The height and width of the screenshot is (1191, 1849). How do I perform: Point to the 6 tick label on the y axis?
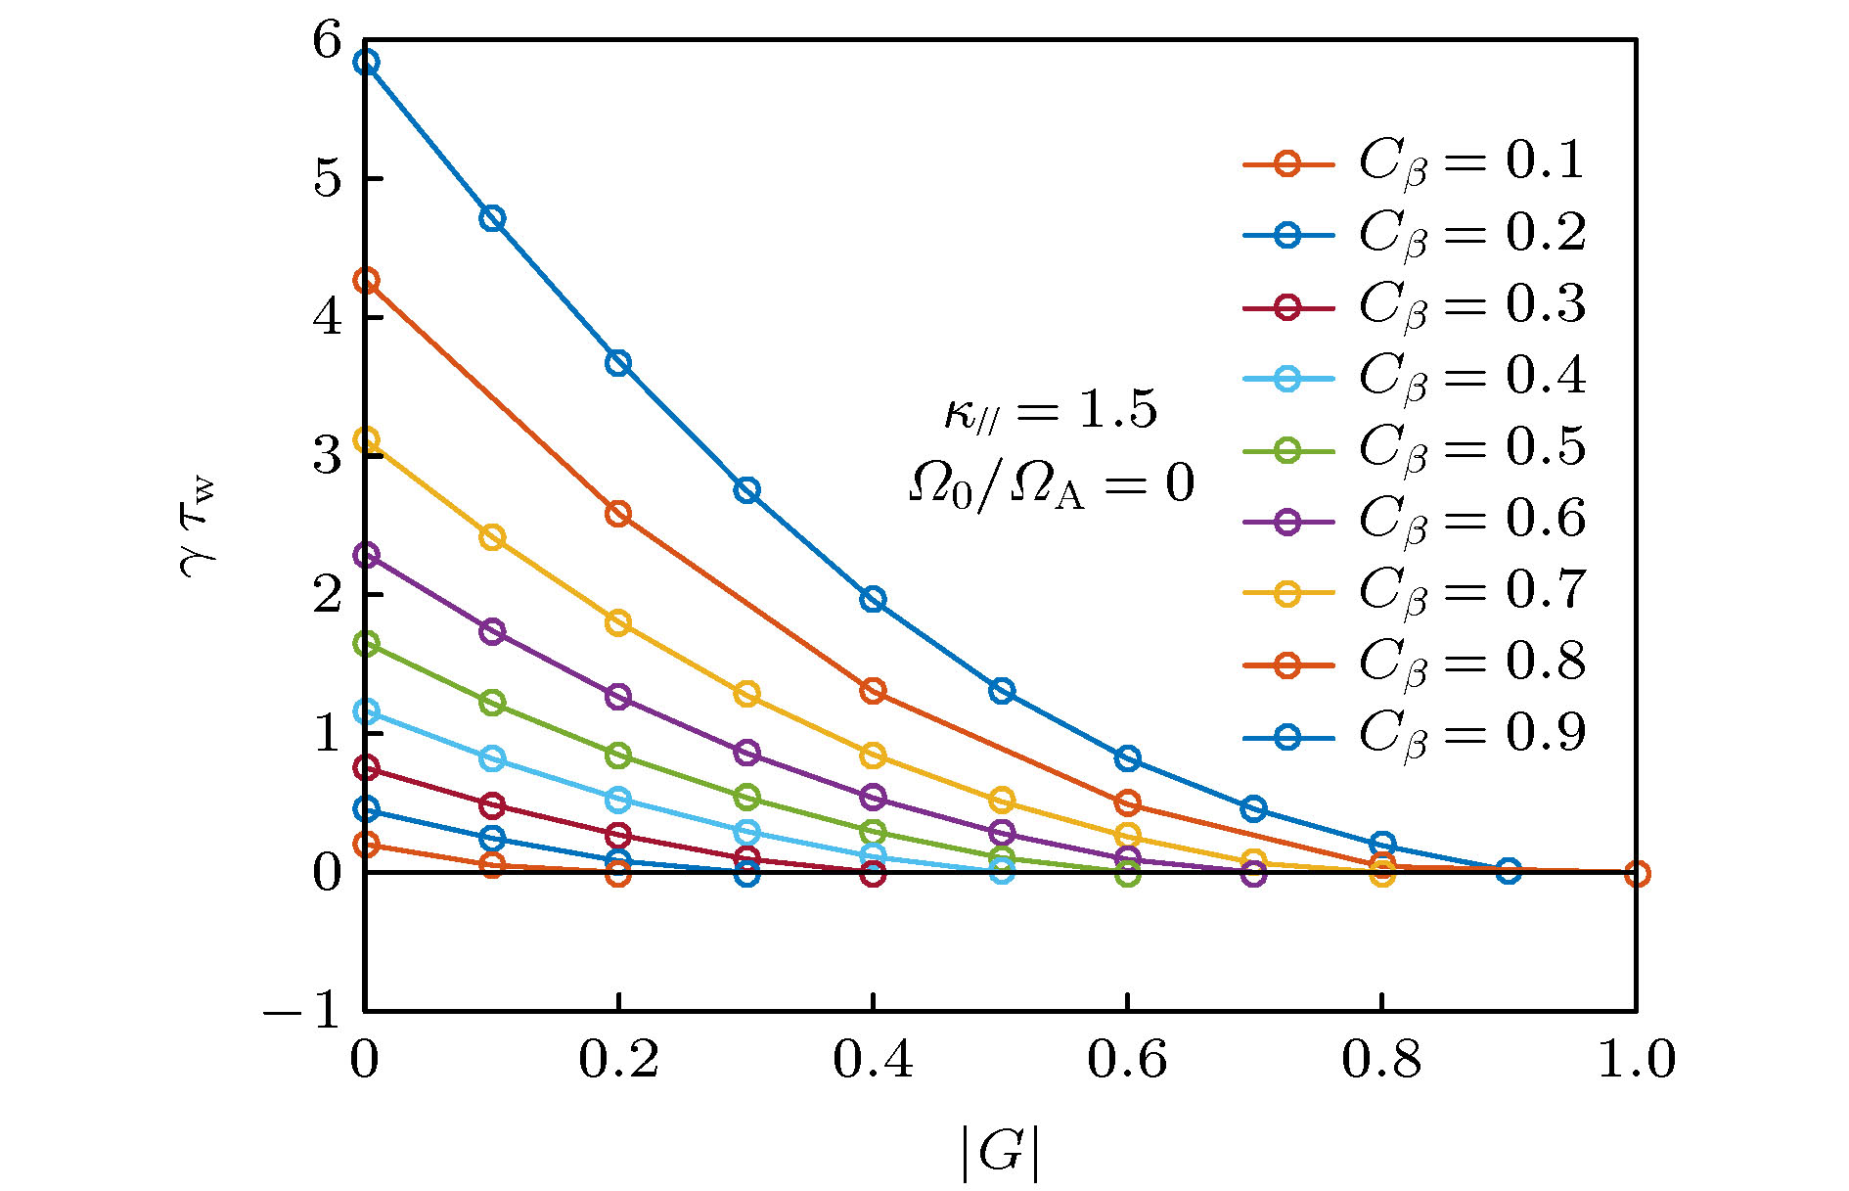click(x=328, y=41)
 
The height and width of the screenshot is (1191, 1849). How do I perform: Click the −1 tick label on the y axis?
click(x=303, y=1010)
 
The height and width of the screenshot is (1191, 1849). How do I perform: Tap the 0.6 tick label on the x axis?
click(x=1127, y=1060)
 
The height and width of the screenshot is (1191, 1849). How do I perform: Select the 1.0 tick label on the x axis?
click(x=1636, y=1060)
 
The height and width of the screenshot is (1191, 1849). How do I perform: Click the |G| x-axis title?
click(x=999, y=1153)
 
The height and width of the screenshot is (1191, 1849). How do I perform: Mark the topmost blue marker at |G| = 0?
click(x=366, y=63)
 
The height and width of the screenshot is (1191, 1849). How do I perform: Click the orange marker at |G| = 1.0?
click(x=1637, y=874)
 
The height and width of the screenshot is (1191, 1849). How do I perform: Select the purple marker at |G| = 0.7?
click(x=1254, y=874)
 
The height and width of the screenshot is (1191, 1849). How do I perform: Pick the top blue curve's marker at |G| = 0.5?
click(x=1001, y=691)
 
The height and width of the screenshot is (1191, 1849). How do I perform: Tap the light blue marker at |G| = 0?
click(x=366, y=711)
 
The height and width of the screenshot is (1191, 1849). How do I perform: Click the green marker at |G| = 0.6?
click(x=1128, y=874)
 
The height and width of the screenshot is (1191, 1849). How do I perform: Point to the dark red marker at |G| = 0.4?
click(x=874, y=874)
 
